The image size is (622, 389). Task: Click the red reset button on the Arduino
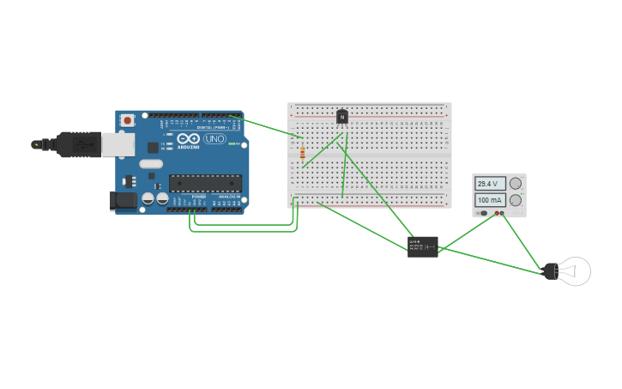(128, 121)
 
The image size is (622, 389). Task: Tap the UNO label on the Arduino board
(214, 138)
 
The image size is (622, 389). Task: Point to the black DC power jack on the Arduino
(123, 201)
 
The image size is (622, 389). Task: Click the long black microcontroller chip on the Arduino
(205, 181)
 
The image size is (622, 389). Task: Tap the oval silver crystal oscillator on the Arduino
(150, 164)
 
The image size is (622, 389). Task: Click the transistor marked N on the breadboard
(342, 117)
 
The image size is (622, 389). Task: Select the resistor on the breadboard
(302, 154)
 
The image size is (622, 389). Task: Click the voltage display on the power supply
(489, 184)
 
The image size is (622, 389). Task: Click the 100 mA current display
(489, 200)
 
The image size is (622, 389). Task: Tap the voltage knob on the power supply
(516, 184)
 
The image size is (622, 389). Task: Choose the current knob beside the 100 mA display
(516, 200)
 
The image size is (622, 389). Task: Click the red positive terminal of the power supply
(495, 213)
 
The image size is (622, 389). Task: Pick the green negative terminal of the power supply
(503, 213)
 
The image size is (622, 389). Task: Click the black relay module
(423, 246)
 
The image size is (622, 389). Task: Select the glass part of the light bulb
(575, 271)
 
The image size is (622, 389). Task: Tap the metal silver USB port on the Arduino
(117, 144)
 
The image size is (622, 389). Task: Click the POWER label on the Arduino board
(198, 197)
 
